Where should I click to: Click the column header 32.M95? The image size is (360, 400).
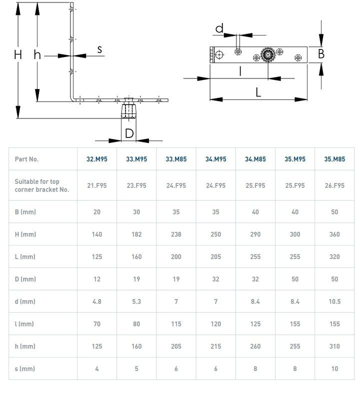[96, 159]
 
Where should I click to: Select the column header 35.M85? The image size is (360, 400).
[334, 159]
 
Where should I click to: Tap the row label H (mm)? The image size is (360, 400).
[25, 234]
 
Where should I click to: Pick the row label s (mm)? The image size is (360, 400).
[24, 369]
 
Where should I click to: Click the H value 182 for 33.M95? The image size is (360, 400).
[136, 234]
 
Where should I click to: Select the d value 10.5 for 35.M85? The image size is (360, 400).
[334, 301]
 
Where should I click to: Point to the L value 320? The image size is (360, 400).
[334, 257]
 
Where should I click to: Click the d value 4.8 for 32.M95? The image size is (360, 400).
[96, 301]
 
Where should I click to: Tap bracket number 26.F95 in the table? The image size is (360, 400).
[334, 185]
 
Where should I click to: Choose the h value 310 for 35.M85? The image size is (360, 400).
[334, 346]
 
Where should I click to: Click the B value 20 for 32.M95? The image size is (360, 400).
[96, 212]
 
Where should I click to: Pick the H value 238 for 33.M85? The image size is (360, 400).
[176, 234]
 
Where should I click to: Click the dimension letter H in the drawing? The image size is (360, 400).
[18, 54]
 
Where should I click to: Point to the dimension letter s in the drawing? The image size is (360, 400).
[99, 49]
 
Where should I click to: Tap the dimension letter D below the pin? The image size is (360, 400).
[129, 133]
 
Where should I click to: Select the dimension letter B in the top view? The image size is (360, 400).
[321, 53]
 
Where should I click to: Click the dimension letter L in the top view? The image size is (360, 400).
[258, 91]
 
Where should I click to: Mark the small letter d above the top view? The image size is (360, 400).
[219, 29]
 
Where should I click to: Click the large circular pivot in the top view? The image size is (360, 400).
[268, 55]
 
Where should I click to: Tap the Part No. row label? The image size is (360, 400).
[26, 159]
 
